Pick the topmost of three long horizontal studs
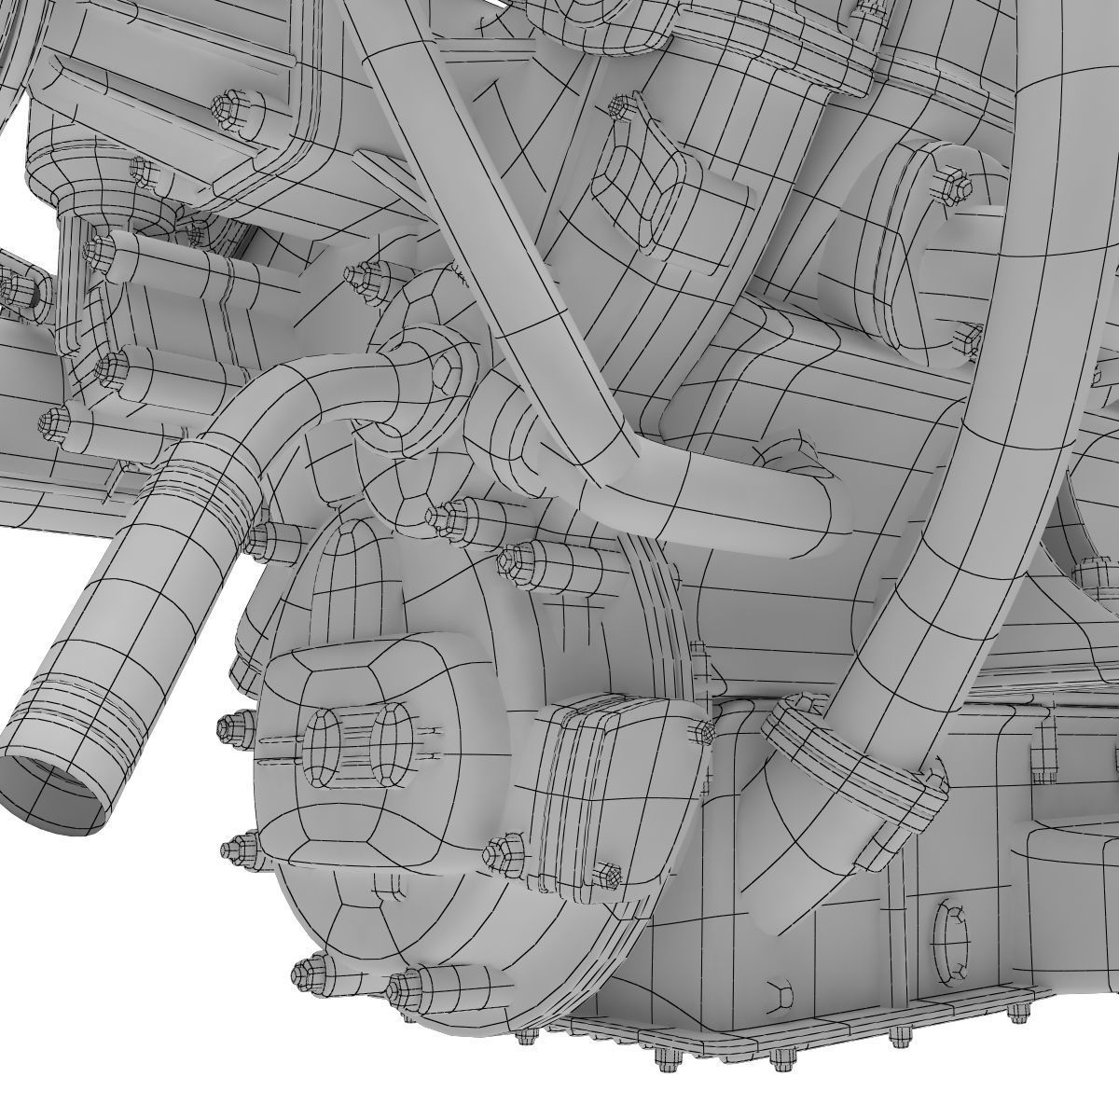click(x=98, y=250)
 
